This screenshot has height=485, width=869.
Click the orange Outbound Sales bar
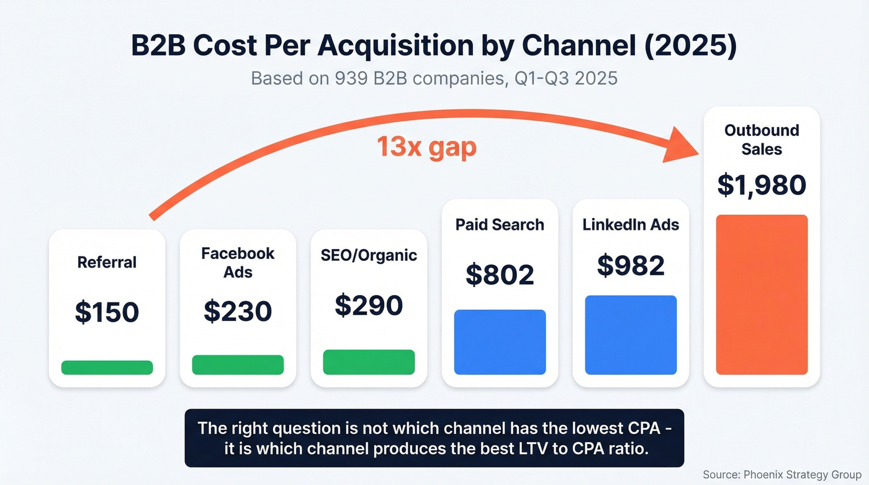(x=762, y=294)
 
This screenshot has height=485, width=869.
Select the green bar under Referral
(x=107, y=367)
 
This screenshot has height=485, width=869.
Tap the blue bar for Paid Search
(x=500, y=342)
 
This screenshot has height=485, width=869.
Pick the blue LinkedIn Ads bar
(x=631, y=335)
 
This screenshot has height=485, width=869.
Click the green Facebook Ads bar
(x=238, y=365)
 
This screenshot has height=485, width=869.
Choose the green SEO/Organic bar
(x=369, y=362)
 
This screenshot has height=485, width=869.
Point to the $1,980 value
(x=762, y=185)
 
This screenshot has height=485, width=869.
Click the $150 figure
(x=107, y=312)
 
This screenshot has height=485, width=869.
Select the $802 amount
(x=500, y=274)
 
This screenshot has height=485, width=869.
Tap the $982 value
(x=631, y=265)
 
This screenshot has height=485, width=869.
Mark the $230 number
(x=238, y=311)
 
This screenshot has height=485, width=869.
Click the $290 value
(x=369, y=305)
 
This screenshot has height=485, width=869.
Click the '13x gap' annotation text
(x=426, y=148)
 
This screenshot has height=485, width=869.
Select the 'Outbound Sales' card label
(x=762, y=140)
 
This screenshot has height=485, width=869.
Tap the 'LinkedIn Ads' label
(x=631, y=225)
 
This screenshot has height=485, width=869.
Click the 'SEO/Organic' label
(x=369, y=255)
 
